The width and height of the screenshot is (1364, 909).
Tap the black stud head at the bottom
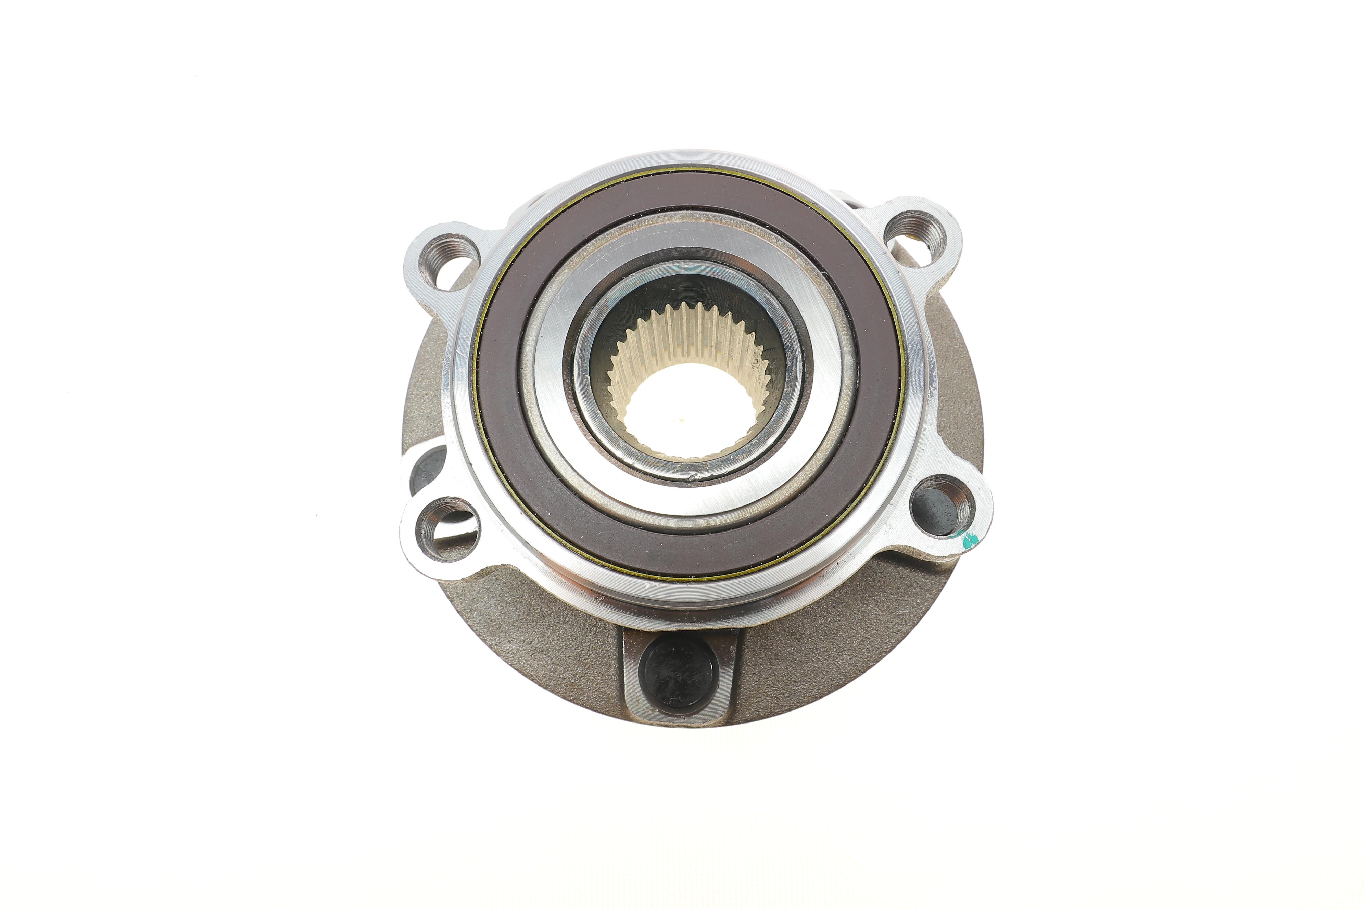[x=677, y=675]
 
